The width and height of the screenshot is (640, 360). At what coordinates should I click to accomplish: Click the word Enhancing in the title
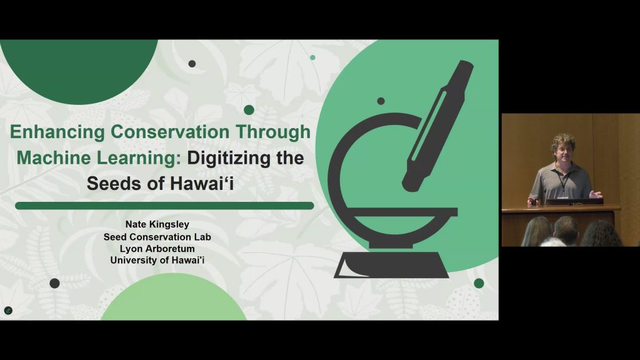(x=57, y=132)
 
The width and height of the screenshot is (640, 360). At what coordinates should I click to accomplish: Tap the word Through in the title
(x=273, y=132)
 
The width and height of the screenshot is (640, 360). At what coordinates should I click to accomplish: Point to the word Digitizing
(x=229, y=158)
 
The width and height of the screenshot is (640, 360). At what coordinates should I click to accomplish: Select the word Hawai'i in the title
(x=202, y=183)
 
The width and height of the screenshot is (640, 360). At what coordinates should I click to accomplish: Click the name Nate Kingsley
(x=157, y=224)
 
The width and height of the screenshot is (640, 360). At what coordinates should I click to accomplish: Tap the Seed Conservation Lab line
(x=157, y=237)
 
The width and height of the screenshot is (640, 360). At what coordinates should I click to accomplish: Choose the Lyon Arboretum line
(x=157, y=248)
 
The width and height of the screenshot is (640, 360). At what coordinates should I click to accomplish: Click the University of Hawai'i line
(x=157, y=260)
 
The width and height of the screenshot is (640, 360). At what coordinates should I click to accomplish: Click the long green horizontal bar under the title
(x=164, y=206)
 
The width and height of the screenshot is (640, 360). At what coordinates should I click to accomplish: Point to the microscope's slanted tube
(x=438, y=126)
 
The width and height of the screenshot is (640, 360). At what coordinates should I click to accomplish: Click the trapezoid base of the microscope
(x=392, y=265)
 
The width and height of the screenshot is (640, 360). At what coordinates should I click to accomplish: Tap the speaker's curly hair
(x=563, y=142)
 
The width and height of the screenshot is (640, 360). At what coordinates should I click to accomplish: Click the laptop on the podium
(x=574, y=201)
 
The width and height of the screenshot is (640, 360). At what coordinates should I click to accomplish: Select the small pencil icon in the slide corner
(x=8, y=311)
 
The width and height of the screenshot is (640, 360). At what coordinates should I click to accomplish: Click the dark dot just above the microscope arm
(x=381, y=101)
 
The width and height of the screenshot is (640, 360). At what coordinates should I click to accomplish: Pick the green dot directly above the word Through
(x=249, y=110)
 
